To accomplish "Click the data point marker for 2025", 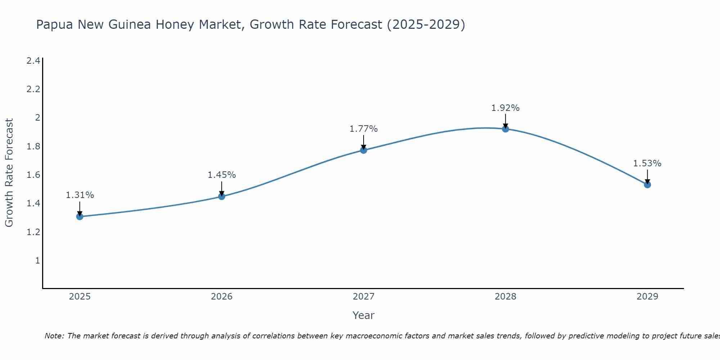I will [x=80, y=216].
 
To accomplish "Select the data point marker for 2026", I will [x=222, y=196].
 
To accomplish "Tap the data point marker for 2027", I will [x=364, y=150].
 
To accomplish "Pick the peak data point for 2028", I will [x=505, y=129].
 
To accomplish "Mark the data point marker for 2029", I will [x=647, y=185].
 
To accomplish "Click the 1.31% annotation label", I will [x=80, y=195].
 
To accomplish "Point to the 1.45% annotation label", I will [x=222, y=175].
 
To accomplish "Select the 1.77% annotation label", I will [x=364, y=129].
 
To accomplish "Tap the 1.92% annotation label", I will [x=505, y=108].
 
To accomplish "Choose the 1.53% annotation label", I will [x=647, y=163].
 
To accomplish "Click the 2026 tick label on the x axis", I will [x=222, y=297].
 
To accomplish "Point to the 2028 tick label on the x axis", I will [x=505, y=297].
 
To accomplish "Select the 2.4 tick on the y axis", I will [x=33, y=61].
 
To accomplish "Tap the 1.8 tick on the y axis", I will [x=33, y=147].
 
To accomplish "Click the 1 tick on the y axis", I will [x=37, y=260].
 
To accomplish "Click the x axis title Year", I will [x=364, y=315].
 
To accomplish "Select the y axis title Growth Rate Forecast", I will [x=9, y=173].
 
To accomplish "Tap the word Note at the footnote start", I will [x=54, y=336].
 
